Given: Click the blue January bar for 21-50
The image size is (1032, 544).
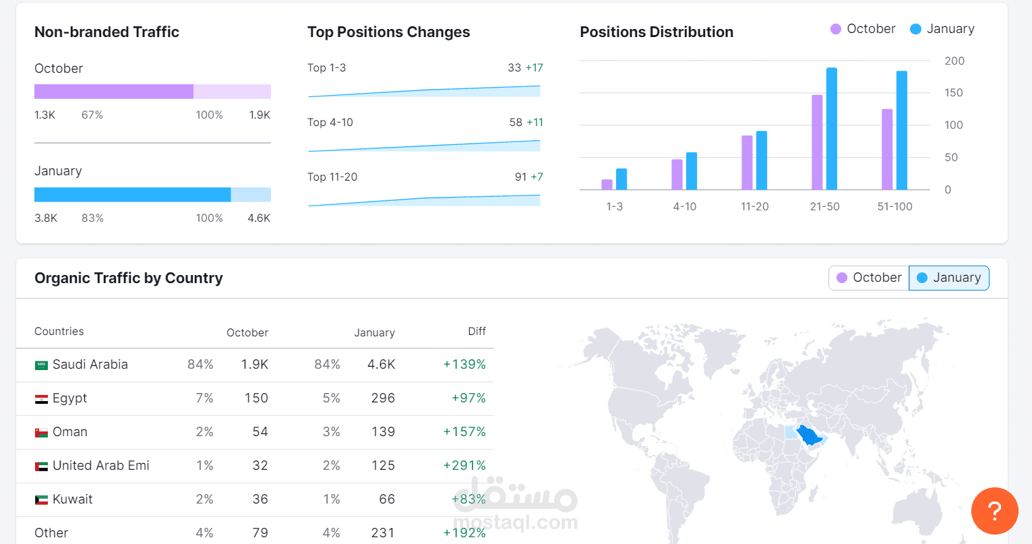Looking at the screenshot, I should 831,129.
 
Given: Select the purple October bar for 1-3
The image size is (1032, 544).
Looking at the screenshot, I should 607,184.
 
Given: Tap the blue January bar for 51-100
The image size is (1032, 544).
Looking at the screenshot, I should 901,130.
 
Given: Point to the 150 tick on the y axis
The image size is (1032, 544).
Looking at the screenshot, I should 954,93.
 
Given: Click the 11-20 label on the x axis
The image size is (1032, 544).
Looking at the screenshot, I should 754,206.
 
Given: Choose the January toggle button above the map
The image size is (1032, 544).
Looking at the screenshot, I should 949,278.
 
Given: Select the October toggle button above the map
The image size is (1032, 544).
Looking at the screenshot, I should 869,278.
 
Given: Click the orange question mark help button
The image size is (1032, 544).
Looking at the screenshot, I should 994,511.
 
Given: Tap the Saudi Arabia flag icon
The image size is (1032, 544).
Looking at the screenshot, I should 41,365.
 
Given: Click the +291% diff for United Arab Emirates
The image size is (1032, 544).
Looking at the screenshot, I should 464,466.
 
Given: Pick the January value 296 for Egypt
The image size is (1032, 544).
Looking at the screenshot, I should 383,398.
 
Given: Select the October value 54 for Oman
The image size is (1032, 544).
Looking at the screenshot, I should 260,432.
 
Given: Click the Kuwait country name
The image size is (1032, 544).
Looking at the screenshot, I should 72,500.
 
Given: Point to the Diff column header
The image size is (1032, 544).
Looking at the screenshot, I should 477,331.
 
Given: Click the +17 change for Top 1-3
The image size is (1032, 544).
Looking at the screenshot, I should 535,68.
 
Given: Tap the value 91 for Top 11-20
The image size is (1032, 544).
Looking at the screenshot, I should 520,177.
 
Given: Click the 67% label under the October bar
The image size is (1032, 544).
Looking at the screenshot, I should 92,115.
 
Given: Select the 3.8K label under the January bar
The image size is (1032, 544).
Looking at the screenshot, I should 46,218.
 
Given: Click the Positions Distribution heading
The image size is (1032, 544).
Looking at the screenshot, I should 656,32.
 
